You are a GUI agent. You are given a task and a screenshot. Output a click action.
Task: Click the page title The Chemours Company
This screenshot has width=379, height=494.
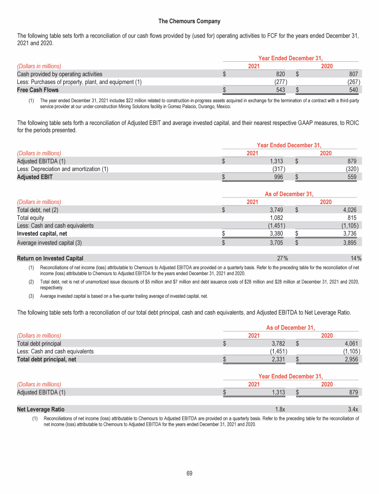[189, 21]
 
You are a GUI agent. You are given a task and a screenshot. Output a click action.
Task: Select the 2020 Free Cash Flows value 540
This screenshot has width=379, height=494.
[353, 90]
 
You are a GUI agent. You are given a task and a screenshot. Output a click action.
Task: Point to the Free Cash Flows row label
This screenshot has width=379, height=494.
[38, 90]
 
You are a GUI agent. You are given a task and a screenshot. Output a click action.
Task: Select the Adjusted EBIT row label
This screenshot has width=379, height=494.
[35, 177]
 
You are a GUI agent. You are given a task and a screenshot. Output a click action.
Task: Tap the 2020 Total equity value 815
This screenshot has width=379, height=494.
[352, 218]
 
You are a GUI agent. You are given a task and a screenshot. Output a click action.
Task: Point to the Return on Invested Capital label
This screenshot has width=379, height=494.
[50, 258]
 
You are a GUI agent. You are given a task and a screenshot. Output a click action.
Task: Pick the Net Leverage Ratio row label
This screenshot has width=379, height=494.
[40, 410]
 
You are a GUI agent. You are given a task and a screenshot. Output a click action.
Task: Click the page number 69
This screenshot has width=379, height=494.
[189, 474]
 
